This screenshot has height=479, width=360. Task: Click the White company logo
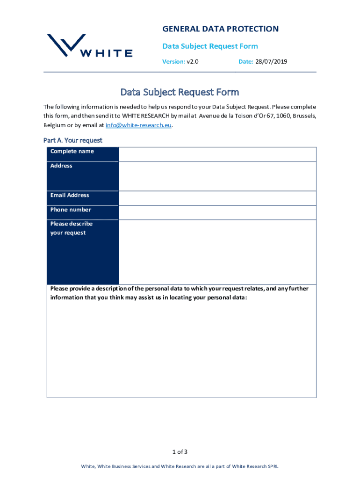click(89, 46)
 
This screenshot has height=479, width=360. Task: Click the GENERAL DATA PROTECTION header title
click(220, 29)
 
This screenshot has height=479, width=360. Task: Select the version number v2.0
click(193, 61)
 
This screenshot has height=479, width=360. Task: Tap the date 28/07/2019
click(271, 61)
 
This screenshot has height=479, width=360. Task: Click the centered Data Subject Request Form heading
click(180, 92)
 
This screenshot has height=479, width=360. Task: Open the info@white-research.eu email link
click(135, 125)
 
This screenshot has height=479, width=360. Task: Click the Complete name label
click(72, 152)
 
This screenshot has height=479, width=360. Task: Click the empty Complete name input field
click(217, 154)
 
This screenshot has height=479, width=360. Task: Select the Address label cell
click(61, 166)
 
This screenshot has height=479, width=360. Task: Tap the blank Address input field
click(217, 176)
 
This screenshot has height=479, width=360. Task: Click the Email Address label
click(70, 195)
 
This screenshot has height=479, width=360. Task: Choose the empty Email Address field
click(217, 198)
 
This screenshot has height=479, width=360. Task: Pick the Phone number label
click(71, 210)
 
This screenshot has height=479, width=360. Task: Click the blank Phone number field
click(217, 212)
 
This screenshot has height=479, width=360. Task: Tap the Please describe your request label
click(72, 228)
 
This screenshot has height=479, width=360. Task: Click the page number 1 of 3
click(180, 451)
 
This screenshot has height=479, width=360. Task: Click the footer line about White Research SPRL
click(180, 466)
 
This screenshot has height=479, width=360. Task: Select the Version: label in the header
click(173, 61)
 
